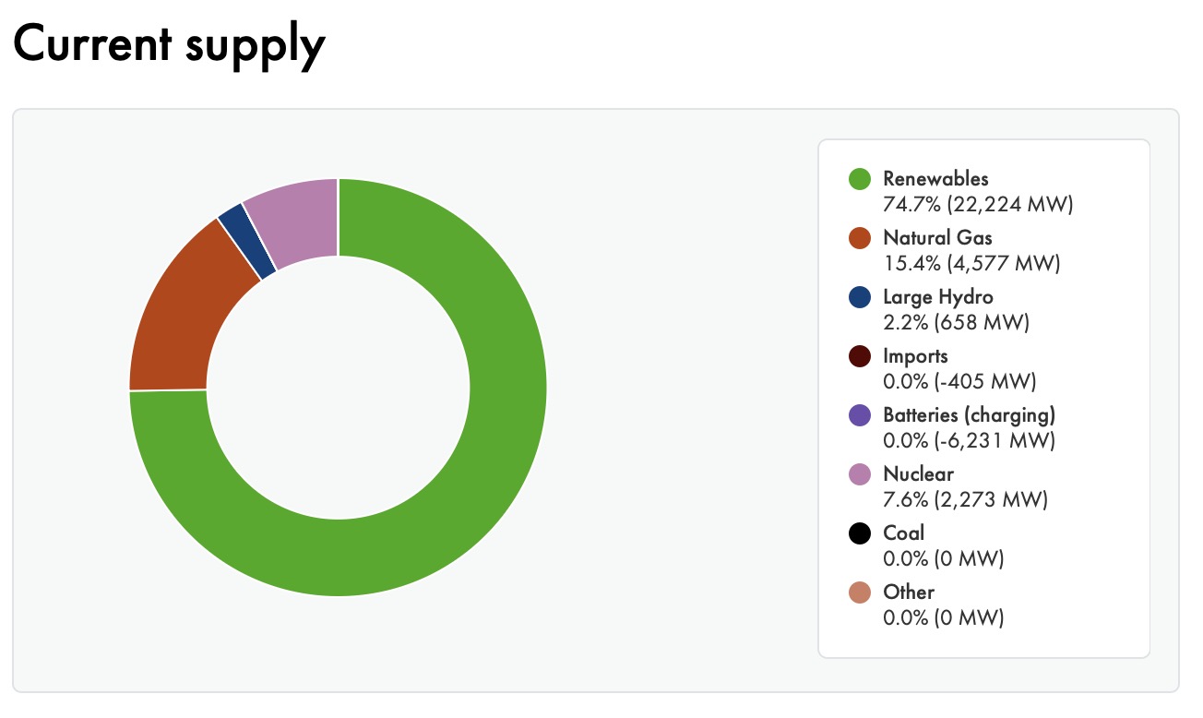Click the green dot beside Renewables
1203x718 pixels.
(x=860, y=179)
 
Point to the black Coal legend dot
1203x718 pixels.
(x=860, y=533)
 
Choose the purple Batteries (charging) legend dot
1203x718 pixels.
(x=860, y=415)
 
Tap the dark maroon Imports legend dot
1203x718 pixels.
(x=860, y=356)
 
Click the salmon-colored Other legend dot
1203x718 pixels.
(x=860, y=592)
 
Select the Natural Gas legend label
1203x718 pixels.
(x=937, y=238)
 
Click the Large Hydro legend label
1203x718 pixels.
(x=938, y=297)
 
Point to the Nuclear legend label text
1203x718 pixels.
(x=918, y=474)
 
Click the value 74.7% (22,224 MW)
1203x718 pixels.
(x=978, y=205)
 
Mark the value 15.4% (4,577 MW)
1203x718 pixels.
(x=971, y=264)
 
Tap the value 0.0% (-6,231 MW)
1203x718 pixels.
(x=969, y=441)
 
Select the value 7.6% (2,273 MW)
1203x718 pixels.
(x=965, y=500)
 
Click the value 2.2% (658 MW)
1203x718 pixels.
(x=956, y=323)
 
